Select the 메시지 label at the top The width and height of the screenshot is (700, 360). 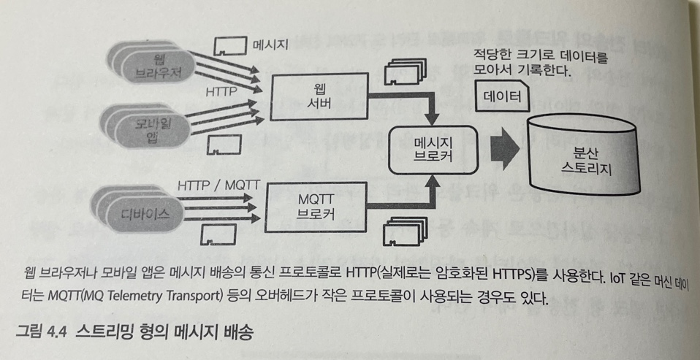tap(270, 45)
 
